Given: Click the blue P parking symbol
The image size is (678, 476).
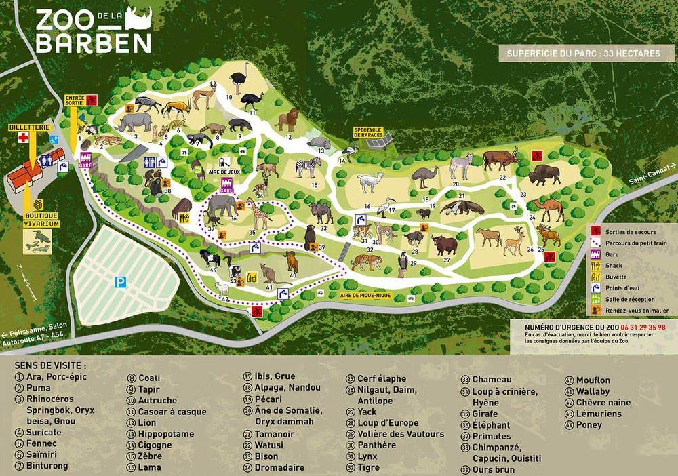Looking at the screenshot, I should coord(121,282).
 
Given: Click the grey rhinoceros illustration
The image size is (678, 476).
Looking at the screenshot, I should coord(134,122).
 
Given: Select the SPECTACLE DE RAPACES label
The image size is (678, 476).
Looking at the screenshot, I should coord(368,132).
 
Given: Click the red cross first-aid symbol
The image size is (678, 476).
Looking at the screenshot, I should coord(23,138).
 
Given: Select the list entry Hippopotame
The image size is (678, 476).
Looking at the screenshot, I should coord(166,434).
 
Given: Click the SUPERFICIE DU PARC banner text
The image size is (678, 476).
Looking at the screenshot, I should coord(586,53).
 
